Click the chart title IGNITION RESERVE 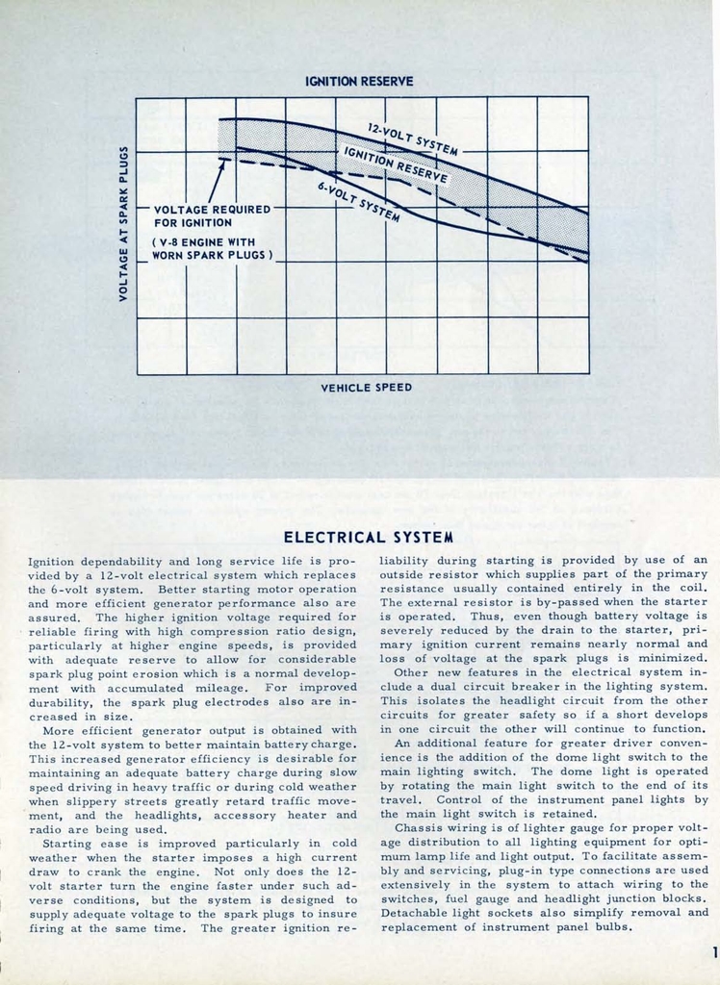(x=359, y=82)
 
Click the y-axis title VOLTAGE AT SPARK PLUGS (x=124, y=222)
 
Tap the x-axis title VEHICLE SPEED (x=366, y=388)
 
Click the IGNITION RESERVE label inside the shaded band (x=396, y=164)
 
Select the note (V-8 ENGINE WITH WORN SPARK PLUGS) (x=213, y=249)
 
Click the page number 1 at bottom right (x=713, y=952)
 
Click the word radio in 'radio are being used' (x=44, y=828)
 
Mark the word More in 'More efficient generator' (x=61, y=729)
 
